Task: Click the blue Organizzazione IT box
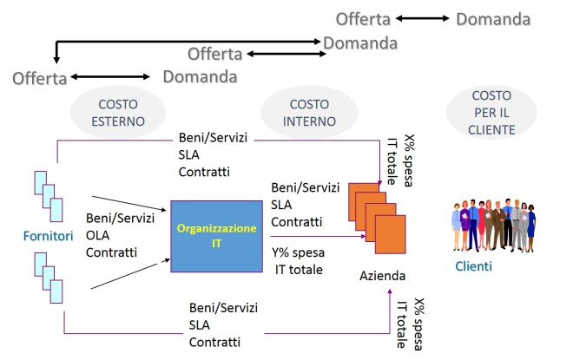pyautogui.click(x=217, y=237)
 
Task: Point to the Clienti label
pyautogui.click(x=473, y=266)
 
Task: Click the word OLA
pyautogui.click(x=99, y=236)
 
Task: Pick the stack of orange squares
pyautogui.click(x=376, y=213)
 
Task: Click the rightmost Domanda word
pyautogui.click(x=493, y=18)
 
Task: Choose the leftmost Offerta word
pyautogui.click(x=39, y=79)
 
